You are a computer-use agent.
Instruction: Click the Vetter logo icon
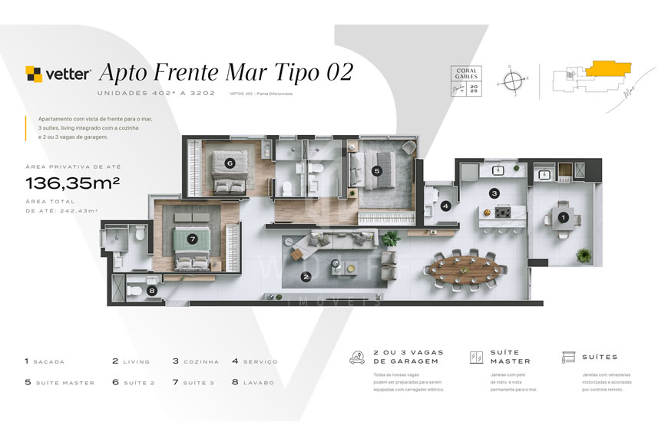[x=34, y=74]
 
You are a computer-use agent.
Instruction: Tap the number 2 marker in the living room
[x=306, y=277]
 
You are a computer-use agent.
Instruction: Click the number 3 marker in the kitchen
[x=494, y=193]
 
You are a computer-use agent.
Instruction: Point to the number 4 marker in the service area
[x=446, y=206]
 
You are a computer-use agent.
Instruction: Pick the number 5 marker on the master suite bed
[x=376, y=170]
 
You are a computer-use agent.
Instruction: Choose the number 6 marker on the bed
[x=230, y=163]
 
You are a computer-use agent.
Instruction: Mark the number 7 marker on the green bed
[x=192, y=239]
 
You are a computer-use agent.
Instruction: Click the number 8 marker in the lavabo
[x=152, y=291]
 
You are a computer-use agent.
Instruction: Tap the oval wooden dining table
[x=465, y=269]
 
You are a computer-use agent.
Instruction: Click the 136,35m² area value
[x=72, y=183]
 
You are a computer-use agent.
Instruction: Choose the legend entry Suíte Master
[x=60, y=382]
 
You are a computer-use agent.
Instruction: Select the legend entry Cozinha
[x=196, y=361]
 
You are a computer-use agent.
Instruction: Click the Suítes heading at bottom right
[x=599, y=357]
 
